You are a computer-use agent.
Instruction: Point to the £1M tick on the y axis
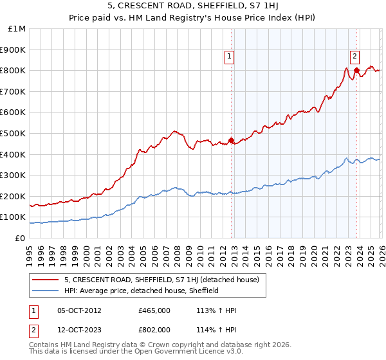(17, 29)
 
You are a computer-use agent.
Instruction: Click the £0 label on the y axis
(19, 238)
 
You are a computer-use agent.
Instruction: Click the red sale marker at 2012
(231, 141)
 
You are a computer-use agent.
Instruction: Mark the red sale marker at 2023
(356, 70)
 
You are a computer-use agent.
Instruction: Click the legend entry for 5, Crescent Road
(161, 280)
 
